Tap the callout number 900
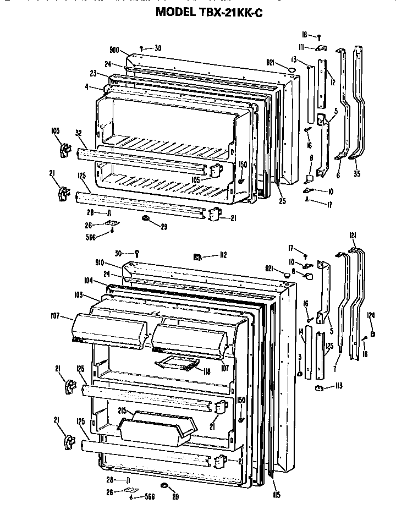tap(114, 50)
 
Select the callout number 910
tap(115, 263)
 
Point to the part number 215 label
tap(122, 411)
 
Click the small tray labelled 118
tap(177, 363)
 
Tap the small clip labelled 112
tap(196, 255)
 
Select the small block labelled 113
tap(318, 388)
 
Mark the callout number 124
tap(371, 315)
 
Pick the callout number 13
tap(295, 59)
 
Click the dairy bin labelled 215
tap(157, 426)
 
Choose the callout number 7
tap(335, 368)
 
